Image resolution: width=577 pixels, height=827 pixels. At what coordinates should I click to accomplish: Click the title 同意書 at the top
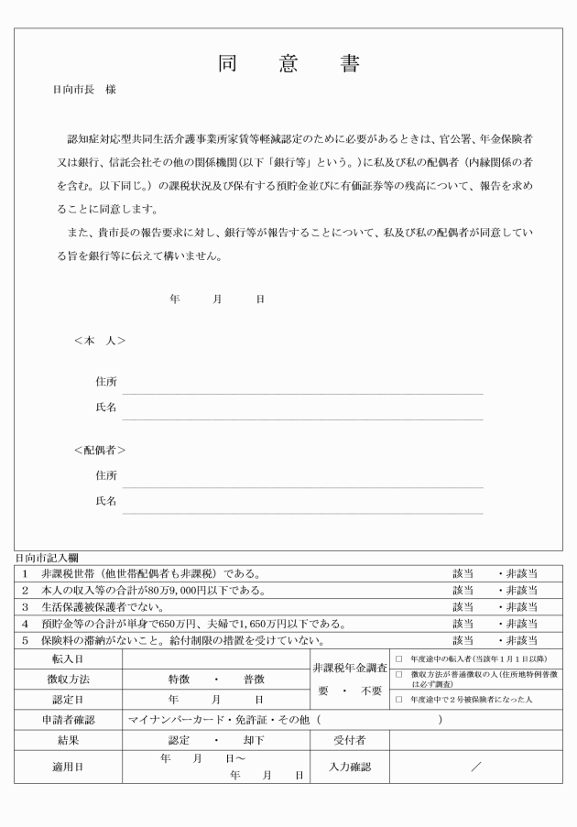click(x=288, y=64)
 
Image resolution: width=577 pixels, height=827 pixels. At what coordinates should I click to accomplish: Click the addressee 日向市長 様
click(x=84, y=91)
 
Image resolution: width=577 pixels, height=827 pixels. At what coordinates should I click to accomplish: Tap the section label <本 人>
click(x=100, y=341)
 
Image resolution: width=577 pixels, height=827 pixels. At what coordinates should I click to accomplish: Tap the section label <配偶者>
click(x=100, y=450)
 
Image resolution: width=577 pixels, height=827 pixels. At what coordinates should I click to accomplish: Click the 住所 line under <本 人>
click(x=302, y=382)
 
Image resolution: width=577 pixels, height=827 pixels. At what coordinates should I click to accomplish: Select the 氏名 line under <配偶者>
click(x=302, y=502)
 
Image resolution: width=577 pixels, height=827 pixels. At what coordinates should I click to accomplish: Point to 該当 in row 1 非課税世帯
click(x=463, y=573)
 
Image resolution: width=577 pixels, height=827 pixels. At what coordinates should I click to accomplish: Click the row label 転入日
click(x=68, y=658)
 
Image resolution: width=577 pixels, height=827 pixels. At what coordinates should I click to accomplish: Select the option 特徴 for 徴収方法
click(x=180, y=680)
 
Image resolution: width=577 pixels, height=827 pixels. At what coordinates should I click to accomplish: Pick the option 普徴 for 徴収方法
click(x=254, y=680)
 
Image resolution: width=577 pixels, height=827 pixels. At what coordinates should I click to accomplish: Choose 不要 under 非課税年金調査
click(x=371, y=691)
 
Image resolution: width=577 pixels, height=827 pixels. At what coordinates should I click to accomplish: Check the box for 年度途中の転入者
click(x=399, y=658)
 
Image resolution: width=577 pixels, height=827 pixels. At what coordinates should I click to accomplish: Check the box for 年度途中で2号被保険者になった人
click(x=399, y=700)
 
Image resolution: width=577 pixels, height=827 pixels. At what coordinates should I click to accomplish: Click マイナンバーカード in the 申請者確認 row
click(x=170, y=721)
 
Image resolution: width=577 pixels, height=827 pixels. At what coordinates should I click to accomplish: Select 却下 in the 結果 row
click(x=254, y=740)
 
